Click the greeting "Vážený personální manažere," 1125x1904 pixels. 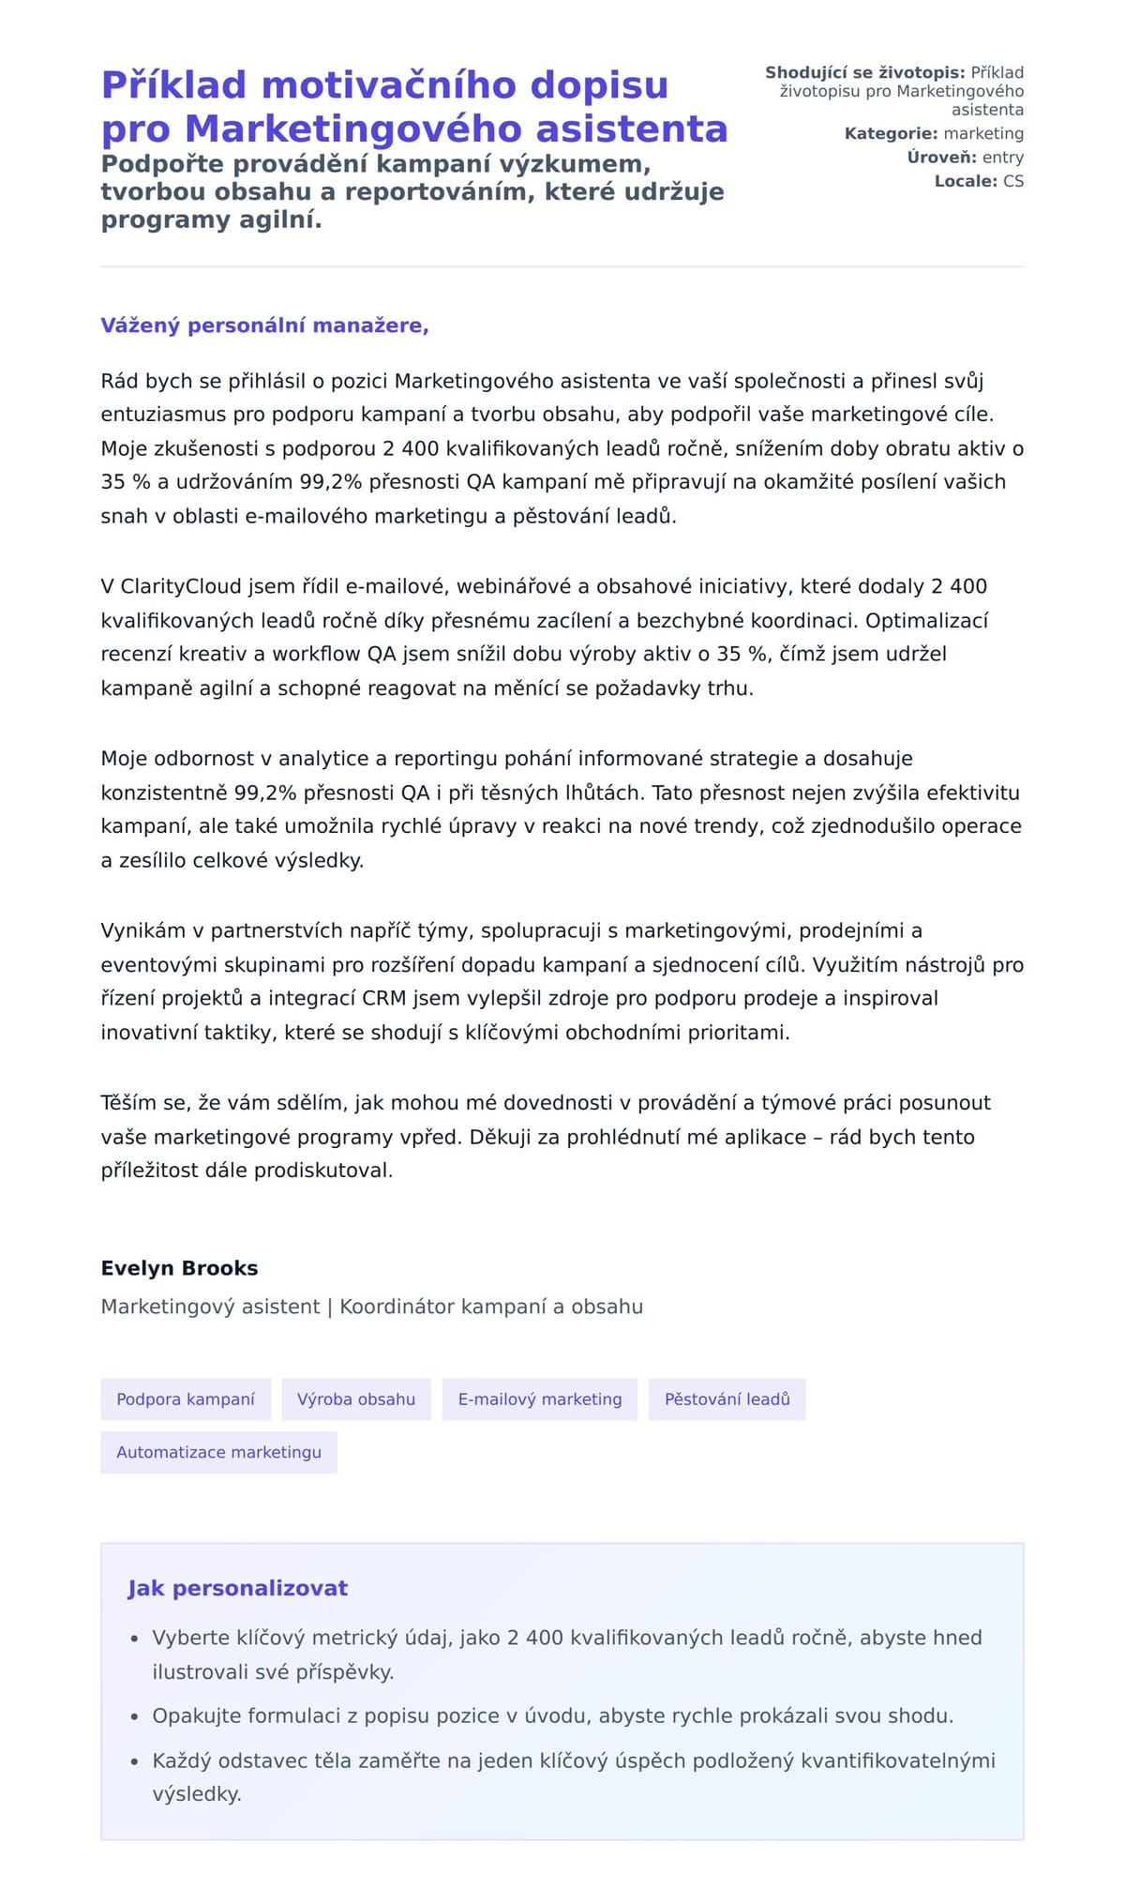(264, 325)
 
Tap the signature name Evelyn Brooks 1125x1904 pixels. (179, 1268)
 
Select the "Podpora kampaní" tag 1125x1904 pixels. (186, 1399)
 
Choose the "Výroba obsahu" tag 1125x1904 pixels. (356, 1399)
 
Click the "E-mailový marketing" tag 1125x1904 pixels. (540, 1399)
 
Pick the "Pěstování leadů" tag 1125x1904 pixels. (727, 1399)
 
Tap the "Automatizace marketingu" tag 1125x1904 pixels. (218, 1452)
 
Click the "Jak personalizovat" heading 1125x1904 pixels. (237, 1588)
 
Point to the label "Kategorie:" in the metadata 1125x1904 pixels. (891, 134)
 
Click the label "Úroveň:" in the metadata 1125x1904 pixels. (941, 158)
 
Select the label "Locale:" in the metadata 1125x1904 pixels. (966, 181)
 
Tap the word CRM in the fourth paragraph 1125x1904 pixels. (383, 998)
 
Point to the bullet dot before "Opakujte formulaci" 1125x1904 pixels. (135, 1716)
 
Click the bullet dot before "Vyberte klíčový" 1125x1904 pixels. (135, 1639)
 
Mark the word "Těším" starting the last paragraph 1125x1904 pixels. (128, 1103)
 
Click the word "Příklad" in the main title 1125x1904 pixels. (173, 85)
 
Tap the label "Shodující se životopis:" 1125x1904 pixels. (864, 73)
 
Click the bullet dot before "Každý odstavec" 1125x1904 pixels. (135, 1761)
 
